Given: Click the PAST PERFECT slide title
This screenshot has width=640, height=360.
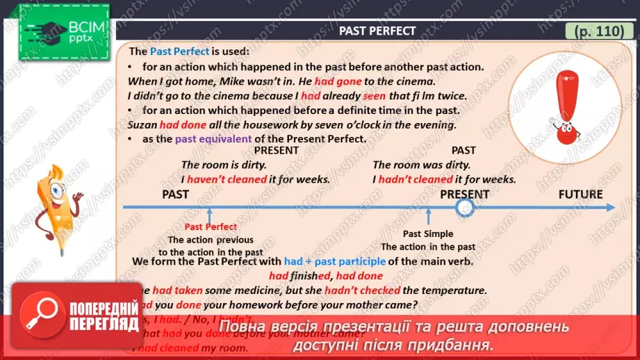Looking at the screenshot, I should tap(377, 31).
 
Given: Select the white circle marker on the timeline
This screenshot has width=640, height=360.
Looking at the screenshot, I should tap(465, 207).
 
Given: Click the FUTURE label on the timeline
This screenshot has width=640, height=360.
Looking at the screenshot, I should tap(580, 194).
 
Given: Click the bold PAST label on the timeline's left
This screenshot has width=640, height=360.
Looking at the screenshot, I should tap(175, 194).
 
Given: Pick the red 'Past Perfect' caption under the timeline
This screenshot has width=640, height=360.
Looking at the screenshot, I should tap(211, 227).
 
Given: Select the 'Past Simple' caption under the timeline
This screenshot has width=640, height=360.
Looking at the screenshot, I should tap(428, 234).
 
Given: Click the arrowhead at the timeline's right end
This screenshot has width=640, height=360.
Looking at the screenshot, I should tap(610, 207).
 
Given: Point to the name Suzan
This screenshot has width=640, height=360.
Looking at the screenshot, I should tap(142, 125).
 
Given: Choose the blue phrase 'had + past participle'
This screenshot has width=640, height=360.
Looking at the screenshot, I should tap(334, 261).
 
